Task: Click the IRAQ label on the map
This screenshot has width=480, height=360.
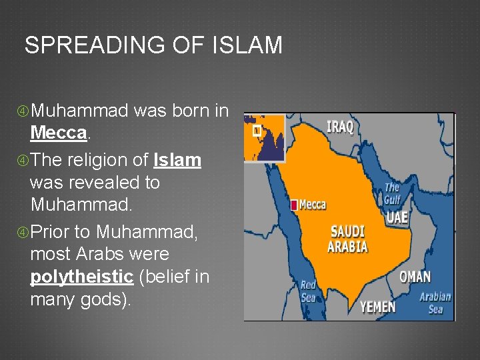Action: (x=339, y=127)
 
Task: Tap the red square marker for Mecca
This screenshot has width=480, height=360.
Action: (x=293, y=205)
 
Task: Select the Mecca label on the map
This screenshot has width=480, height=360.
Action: (x=312, y=205)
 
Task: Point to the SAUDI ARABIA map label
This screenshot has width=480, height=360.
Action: (x=347, y=239)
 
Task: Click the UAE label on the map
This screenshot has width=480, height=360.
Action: (x=398, y=217)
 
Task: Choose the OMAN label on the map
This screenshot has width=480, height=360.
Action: (x=415, y=277)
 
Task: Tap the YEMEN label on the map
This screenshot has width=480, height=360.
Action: (x=377, y=307)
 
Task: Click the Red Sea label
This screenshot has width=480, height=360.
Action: (x=308, y=291)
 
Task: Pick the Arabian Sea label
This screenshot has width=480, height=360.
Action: (x=435, y=303)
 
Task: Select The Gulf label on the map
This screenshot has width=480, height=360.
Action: (x=392, y=193)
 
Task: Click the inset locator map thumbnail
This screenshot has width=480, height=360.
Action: (x=264, y=138)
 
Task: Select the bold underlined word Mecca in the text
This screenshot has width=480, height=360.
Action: (x=59, y=133)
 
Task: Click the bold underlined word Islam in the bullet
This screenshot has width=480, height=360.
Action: (x=177, y=161)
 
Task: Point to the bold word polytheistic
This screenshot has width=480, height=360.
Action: (x=81, y=277)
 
